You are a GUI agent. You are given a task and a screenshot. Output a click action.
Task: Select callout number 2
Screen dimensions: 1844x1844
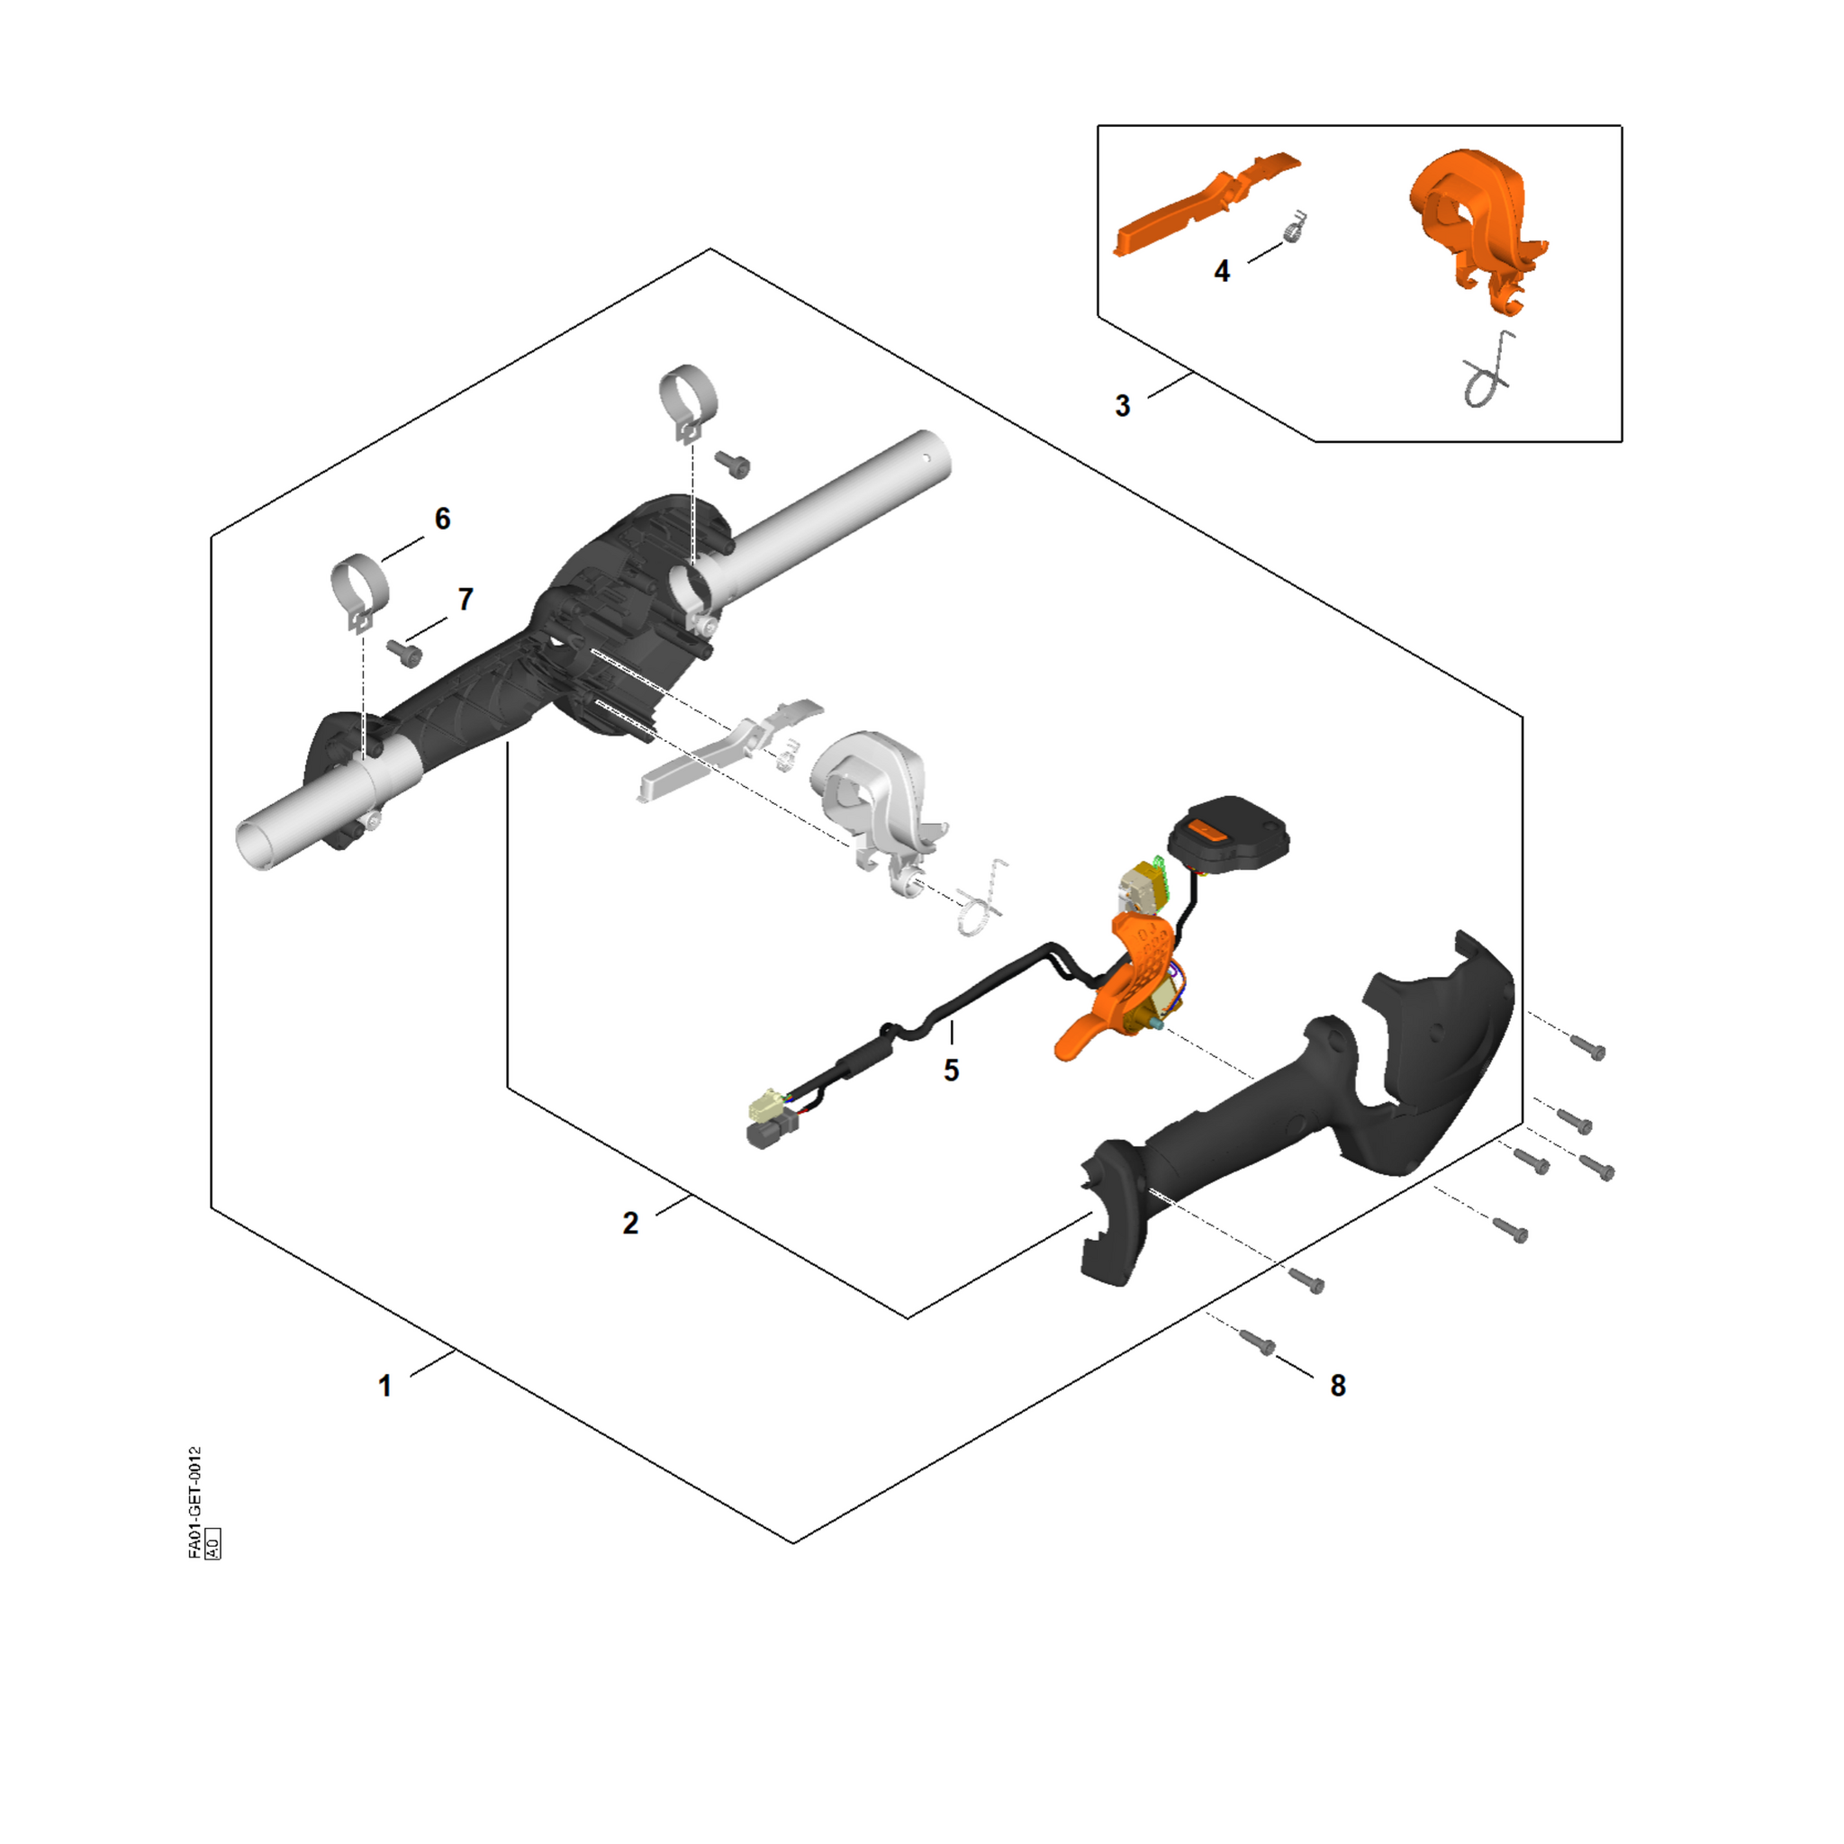[x=630, y=1224]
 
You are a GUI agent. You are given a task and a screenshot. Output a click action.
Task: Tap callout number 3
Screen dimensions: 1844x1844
[x=1123, y=406]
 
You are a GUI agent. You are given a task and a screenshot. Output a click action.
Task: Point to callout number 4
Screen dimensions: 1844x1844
[x=1222, y=271]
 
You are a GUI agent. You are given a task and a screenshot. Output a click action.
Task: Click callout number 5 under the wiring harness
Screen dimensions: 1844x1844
[x=951, y=1071]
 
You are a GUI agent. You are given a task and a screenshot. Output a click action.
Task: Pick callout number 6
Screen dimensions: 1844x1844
[x=442, y=519]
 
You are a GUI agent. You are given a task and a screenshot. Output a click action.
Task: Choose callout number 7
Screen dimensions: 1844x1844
[x=465, y=600]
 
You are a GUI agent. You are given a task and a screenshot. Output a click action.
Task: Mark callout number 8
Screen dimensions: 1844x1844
[x=1337, y=1386]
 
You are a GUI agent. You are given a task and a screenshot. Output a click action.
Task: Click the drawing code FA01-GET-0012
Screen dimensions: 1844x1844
[x=194, y=1503]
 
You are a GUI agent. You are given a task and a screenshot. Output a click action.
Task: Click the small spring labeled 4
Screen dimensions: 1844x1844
[x=1294, y=229]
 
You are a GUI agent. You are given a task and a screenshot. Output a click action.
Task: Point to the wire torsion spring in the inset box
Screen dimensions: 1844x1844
[x=1489, y=370]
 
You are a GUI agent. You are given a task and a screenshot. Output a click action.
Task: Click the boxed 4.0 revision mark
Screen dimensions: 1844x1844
[x=212, y=1544]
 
